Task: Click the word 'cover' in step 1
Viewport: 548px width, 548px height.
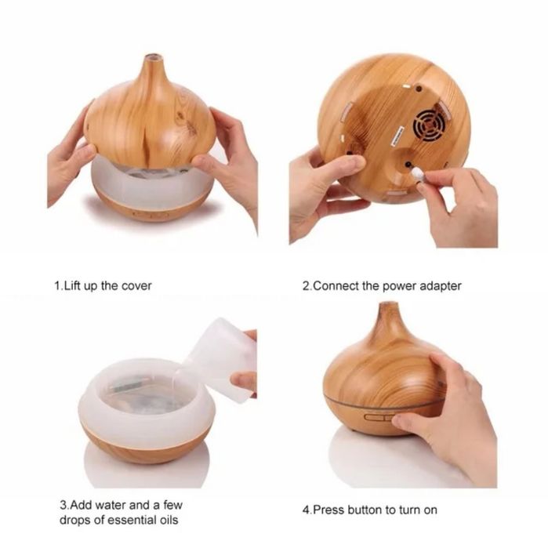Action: (x=136, y=286)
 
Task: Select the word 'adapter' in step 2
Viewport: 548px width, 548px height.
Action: (x=440, y=286)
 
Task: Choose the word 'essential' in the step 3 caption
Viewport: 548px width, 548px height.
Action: (x=131, y=520)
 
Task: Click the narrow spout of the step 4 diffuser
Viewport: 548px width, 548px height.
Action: (x=389, y=316)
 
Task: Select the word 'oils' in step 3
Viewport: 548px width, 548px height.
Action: (x=169, y=520)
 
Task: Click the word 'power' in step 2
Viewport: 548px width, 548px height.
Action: (x=400, y=287)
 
